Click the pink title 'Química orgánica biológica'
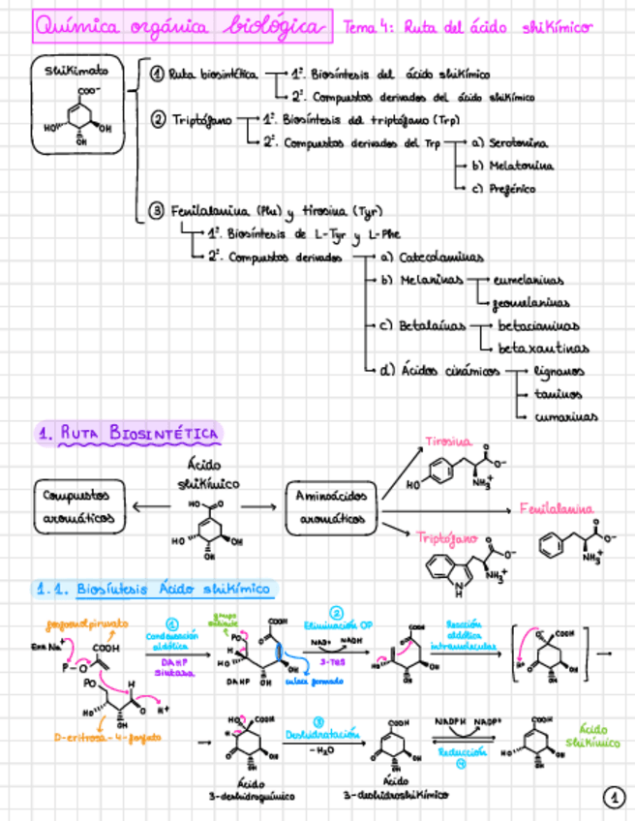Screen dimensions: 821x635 180,26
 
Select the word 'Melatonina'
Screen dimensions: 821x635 521,166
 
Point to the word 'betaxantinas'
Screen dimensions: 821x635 543,348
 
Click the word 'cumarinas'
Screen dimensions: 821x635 565,417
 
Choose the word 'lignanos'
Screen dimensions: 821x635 559,371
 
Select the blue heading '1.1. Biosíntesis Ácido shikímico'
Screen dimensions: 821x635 154,588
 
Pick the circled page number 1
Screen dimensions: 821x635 614,798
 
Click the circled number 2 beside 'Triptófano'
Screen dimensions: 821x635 159,120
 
